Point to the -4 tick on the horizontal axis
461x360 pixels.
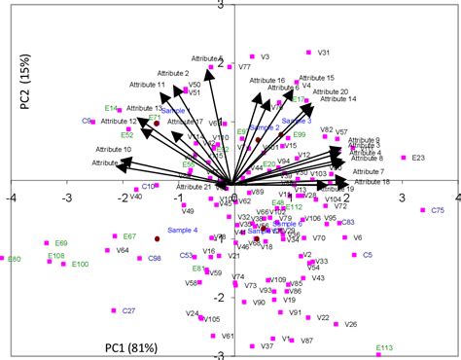[11, 196]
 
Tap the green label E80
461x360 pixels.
[13, 260]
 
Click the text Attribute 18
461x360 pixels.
[372, 182]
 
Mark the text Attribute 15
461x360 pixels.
[316, 78]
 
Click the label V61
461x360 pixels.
[228, 336]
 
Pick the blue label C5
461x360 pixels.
[367, 255]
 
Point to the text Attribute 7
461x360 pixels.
[369, 171]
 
